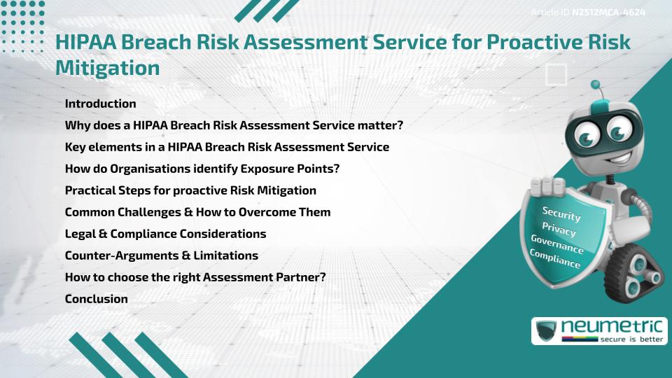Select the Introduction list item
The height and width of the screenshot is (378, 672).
tap(100, 104)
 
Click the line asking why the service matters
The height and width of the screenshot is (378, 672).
tap(234, 125)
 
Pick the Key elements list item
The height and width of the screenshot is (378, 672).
tap(227, 147)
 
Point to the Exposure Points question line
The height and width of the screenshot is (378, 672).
tap(202, 169)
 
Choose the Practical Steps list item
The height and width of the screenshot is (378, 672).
tap(190, 190)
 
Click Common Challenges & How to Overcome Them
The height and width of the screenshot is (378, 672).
tap(197, 212)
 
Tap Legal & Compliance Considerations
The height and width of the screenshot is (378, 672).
tap(165, 234)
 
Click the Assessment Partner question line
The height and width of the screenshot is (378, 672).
tap(195, 277)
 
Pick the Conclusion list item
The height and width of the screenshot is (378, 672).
tap(96, 299)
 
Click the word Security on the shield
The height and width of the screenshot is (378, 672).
tap(561, 213)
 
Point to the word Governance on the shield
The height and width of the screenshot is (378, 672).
tap(556, 244)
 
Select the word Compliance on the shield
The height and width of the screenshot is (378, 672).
tap(555, 260)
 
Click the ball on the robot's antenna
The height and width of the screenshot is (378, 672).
tap(596, 85)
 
